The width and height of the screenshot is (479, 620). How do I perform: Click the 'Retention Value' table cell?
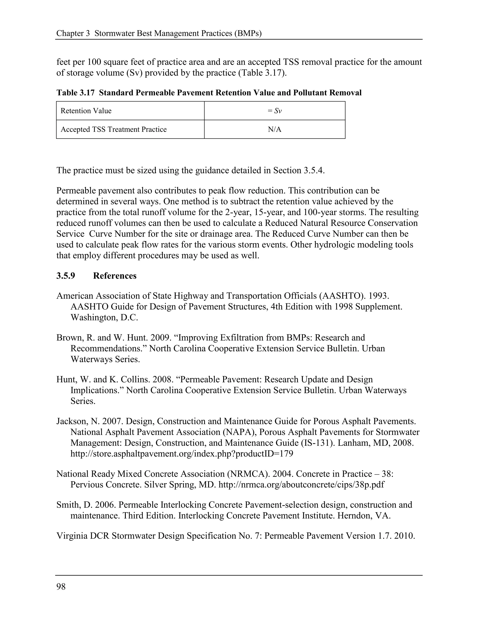tap(86, 111)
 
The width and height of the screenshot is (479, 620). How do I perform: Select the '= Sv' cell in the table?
tap(274, 111)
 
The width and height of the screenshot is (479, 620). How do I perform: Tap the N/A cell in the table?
tap(274, 129)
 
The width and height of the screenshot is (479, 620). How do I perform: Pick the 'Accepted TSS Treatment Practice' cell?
tap(113, 129)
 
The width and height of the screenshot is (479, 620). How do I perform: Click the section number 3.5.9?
tap(66, 276)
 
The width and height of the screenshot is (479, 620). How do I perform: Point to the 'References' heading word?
tap(115, 276)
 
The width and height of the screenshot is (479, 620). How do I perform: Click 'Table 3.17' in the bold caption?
tap(75, 93)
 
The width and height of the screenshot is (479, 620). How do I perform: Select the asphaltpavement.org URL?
tap(181, 454)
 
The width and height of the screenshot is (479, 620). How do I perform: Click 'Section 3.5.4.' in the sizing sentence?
tap(299, 170)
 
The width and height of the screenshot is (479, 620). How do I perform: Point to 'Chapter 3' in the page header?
tap(73, 33)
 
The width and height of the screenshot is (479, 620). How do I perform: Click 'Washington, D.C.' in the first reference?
tap(104, 317)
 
